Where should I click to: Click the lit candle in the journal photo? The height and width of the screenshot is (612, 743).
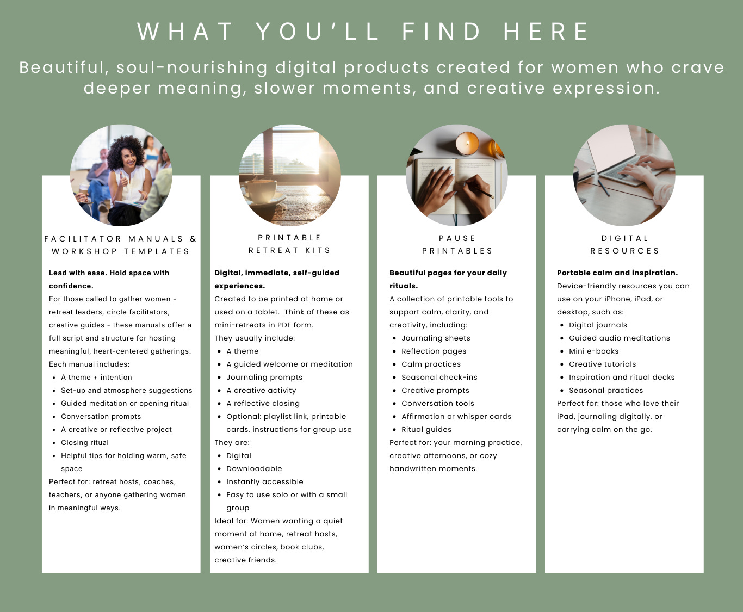[x=467, y=144]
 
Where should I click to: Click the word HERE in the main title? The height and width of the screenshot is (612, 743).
[x=546, y=32]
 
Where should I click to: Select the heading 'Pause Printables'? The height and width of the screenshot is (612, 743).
[x=457, y=245]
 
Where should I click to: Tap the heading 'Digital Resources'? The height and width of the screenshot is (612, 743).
[x=624, y=245]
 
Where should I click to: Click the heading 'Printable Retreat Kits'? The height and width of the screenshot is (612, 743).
[x=290, y=244]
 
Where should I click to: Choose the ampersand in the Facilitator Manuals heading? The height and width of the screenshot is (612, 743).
[x=193, y=239]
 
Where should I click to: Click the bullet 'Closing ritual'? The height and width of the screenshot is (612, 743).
[x=85, y=442]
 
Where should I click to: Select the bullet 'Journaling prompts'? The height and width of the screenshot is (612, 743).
[x=264, y=378]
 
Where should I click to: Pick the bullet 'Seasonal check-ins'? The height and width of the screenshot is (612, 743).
[x=439, y=378]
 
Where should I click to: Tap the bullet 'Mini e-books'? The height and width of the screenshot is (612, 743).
[x=593, y=351]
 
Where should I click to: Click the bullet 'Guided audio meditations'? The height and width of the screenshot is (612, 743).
[x=619, y=338]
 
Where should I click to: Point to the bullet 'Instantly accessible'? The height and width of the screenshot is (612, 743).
[x=265, y=481]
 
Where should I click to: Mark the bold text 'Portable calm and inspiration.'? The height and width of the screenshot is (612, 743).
[x=617, y=273]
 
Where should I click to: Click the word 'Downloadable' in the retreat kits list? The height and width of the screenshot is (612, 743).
[x=254, y=468]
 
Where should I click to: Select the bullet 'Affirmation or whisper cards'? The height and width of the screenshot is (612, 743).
[x=456, y=417]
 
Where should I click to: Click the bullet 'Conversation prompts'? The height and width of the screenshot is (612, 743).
[x=101, y=417]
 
